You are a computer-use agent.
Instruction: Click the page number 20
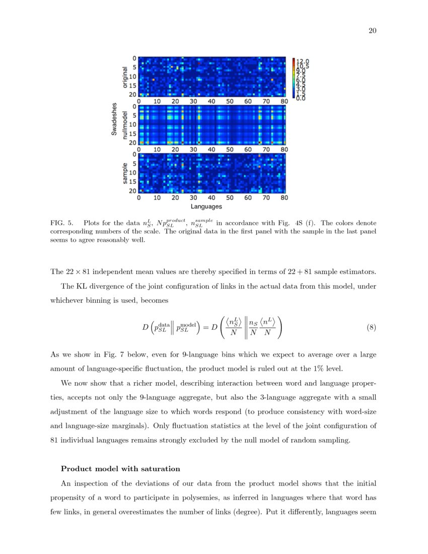373,31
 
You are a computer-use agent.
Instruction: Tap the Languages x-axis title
206,206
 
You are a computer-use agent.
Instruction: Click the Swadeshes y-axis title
114,120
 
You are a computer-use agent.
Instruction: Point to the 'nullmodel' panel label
125,125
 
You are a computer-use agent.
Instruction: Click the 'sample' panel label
125,173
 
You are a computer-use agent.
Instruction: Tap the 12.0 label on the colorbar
303,61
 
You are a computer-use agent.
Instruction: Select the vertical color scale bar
294,77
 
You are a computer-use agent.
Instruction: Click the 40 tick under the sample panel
211,198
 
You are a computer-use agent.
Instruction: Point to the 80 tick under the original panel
284,101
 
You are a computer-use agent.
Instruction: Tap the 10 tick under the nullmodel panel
157,150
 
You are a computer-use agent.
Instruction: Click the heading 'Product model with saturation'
120,469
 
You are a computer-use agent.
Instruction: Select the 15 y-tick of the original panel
133,86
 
